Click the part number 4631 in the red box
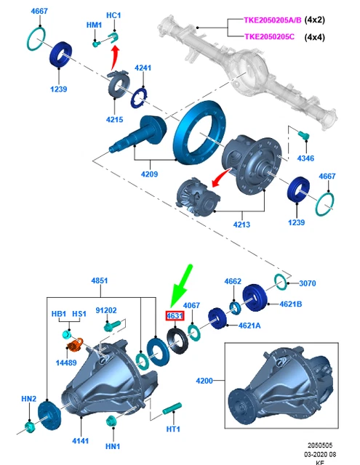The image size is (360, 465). coord(175,316)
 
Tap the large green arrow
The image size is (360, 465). coord(181,287)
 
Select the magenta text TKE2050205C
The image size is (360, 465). coord(270,36)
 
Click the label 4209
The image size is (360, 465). coord(149,174)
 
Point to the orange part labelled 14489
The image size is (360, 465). coord(75,345)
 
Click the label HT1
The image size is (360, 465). coord(173,429)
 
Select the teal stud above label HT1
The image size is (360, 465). coord(172,408)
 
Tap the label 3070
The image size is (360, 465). coord(308,283)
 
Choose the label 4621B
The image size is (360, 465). coord(291,304)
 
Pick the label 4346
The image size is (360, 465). coord(305,158)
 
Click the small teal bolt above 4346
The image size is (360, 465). coord(304,136)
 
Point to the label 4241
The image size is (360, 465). coord(143,68)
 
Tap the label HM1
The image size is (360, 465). coord(94,25)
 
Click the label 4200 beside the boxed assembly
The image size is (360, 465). coord(204,381)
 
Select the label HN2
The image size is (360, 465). coord(29,399)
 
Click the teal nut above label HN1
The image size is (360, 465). coord(111,421)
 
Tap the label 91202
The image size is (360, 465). coord(106,310)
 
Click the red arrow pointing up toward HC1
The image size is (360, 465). coord(115,57)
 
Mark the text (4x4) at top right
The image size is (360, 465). coord(315,37)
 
